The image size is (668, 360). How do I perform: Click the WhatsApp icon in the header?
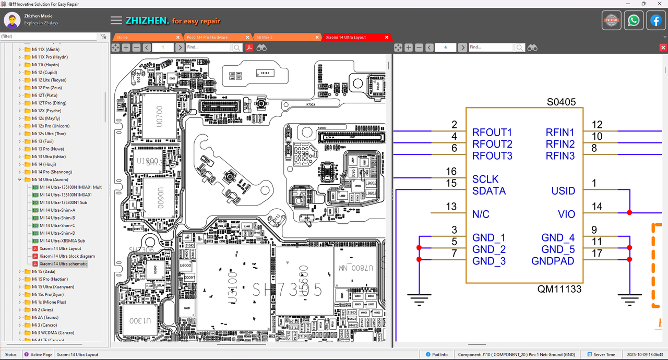(634, 21)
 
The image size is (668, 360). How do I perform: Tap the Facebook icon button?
(655, 21)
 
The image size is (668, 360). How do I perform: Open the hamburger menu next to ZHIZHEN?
(116, 21)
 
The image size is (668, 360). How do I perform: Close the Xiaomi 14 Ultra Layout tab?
(387, 38)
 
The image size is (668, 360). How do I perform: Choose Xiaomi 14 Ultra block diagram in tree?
(67, 256)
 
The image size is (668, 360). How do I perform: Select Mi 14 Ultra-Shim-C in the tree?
(57, 225)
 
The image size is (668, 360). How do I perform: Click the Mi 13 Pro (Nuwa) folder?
(47, 149)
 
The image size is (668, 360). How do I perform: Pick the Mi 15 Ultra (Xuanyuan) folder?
(53, 286)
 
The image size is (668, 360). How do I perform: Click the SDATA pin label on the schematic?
(489, 191)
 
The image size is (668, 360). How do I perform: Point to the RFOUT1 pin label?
(492, 133)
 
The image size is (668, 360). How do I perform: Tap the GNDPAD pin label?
(553, 261)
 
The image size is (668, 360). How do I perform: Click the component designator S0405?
(561, 102)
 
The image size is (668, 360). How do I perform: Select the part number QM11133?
(559, 289)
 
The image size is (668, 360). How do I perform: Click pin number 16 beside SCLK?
(451, 172)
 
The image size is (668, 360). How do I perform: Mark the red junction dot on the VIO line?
(630, 213)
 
